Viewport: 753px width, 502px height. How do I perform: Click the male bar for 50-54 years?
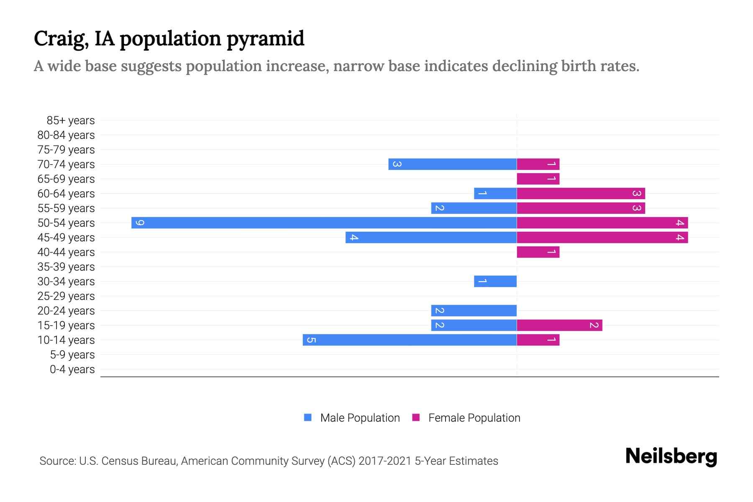[324, 223]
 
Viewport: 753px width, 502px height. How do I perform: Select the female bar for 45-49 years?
[602, 238]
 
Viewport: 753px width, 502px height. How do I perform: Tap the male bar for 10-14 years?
[410, 340]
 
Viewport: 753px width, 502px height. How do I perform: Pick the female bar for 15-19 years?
[559, 325]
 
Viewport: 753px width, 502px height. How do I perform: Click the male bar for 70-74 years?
[453, 164]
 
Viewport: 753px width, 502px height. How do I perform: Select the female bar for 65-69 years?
[538, 179]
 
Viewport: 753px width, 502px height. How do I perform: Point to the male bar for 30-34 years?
[495, 281]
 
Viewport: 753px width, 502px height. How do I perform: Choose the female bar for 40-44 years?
[538, 252]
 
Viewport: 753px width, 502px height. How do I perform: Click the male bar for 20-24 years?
[474, 310]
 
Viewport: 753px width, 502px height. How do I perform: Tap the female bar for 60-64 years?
[581, 193]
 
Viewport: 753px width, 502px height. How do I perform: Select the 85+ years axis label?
[70, 120]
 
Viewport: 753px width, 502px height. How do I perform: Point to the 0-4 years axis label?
[72, 369]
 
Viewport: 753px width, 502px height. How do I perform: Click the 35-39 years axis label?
[66, 267]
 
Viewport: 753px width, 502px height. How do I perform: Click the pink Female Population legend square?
[416, 417]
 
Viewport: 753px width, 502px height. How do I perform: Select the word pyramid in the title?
[266, 38]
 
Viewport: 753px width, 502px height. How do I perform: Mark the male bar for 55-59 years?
[474, 208]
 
